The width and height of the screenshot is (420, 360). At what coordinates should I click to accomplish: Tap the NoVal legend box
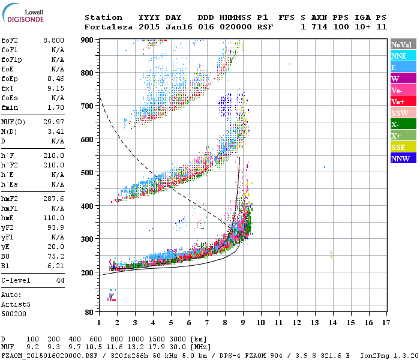402,44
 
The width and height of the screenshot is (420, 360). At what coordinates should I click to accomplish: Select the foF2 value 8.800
53,40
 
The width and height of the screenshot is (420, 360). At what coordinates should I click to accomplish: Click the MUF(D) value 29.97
55,122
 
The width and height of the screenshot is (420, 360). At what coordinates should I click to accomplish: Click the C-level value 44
60,280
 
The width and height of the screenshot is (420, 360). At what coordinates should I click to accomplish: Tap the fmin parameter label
11,107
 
